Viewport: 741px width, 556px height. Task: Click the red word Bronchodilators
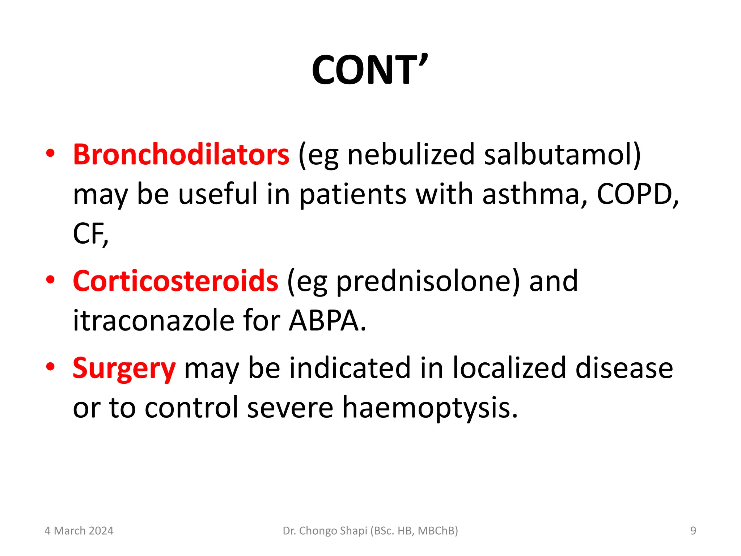[181, 155]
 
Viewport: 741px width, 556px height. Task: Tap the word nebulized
[411, 155]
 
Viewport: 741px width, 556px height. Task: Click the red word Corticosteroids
[175, 281]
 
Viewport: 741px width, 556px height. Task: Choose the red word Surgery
[124, 368]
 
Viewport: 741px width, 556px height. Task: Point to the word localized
[509, 368]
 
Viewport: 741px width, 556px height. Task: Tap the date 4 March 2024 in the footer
[79, 531]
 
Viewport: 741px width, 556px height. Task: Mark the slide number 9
[693, 531]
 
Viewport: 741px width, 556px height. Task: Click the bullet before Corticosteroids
[50, 279]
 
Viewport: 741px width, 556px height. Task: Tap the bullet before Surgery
[50, 366]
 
